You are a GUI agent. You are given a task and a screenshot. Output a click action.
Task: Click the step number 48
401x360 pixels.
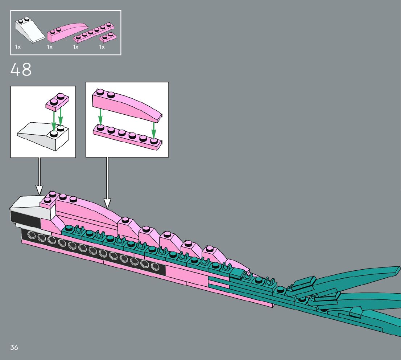pos(21,70)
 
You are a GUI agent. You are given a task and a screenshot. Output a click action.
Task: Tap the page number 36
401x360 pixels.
pos(14,347)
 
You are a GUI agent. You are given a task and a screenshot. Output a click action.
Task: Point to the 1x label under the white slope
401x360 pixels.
pos(18,47)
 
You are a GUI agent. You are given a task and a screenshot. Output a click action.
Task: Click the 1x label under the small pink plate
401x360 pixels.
pos(102,47)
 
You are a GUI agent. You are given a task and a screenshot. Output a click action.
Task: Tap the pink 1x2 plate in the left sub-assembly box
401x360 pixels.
pos(57,101)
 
